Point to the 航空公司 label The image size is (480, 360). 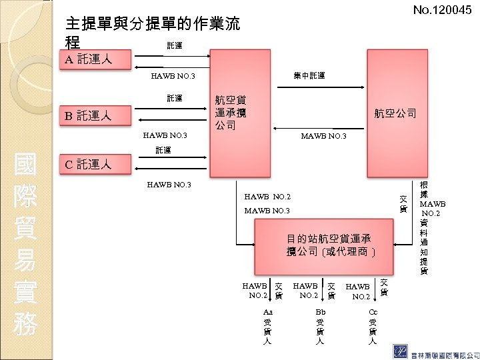point(395,113)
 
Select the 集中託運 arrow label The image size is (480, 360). point(309,76)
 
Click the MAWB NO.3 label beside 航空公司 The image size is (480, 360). point(323,137)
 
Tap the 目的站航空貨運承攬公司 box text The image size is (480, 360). point(329,245)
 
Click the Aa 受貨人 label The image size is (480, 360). point(268,326)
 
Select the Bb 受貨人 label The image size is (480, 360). point(320,326)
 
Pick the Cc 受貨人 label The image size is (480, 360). point(373,326)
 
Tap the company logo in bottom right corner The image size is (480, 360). point(402,350)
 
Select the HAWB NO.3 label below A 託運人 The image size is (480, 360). point(173,77)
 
